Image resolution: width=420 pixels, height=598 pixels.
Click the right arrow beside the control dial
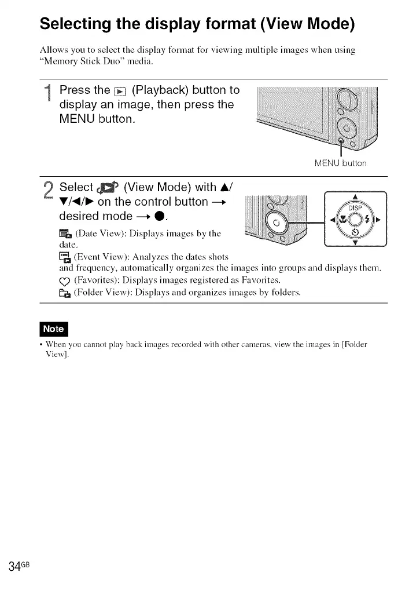pos(379,220)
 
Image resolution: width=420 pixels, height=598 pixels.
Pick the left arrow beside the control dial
pos(333,220)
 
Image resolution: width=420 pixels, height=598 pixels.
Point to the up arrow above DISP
pos(355,196)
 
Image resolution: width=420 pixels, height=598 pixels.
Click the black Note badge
pos(53,329)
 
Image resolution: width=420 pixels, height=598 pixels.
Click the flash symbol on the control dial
pos(369,220)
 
